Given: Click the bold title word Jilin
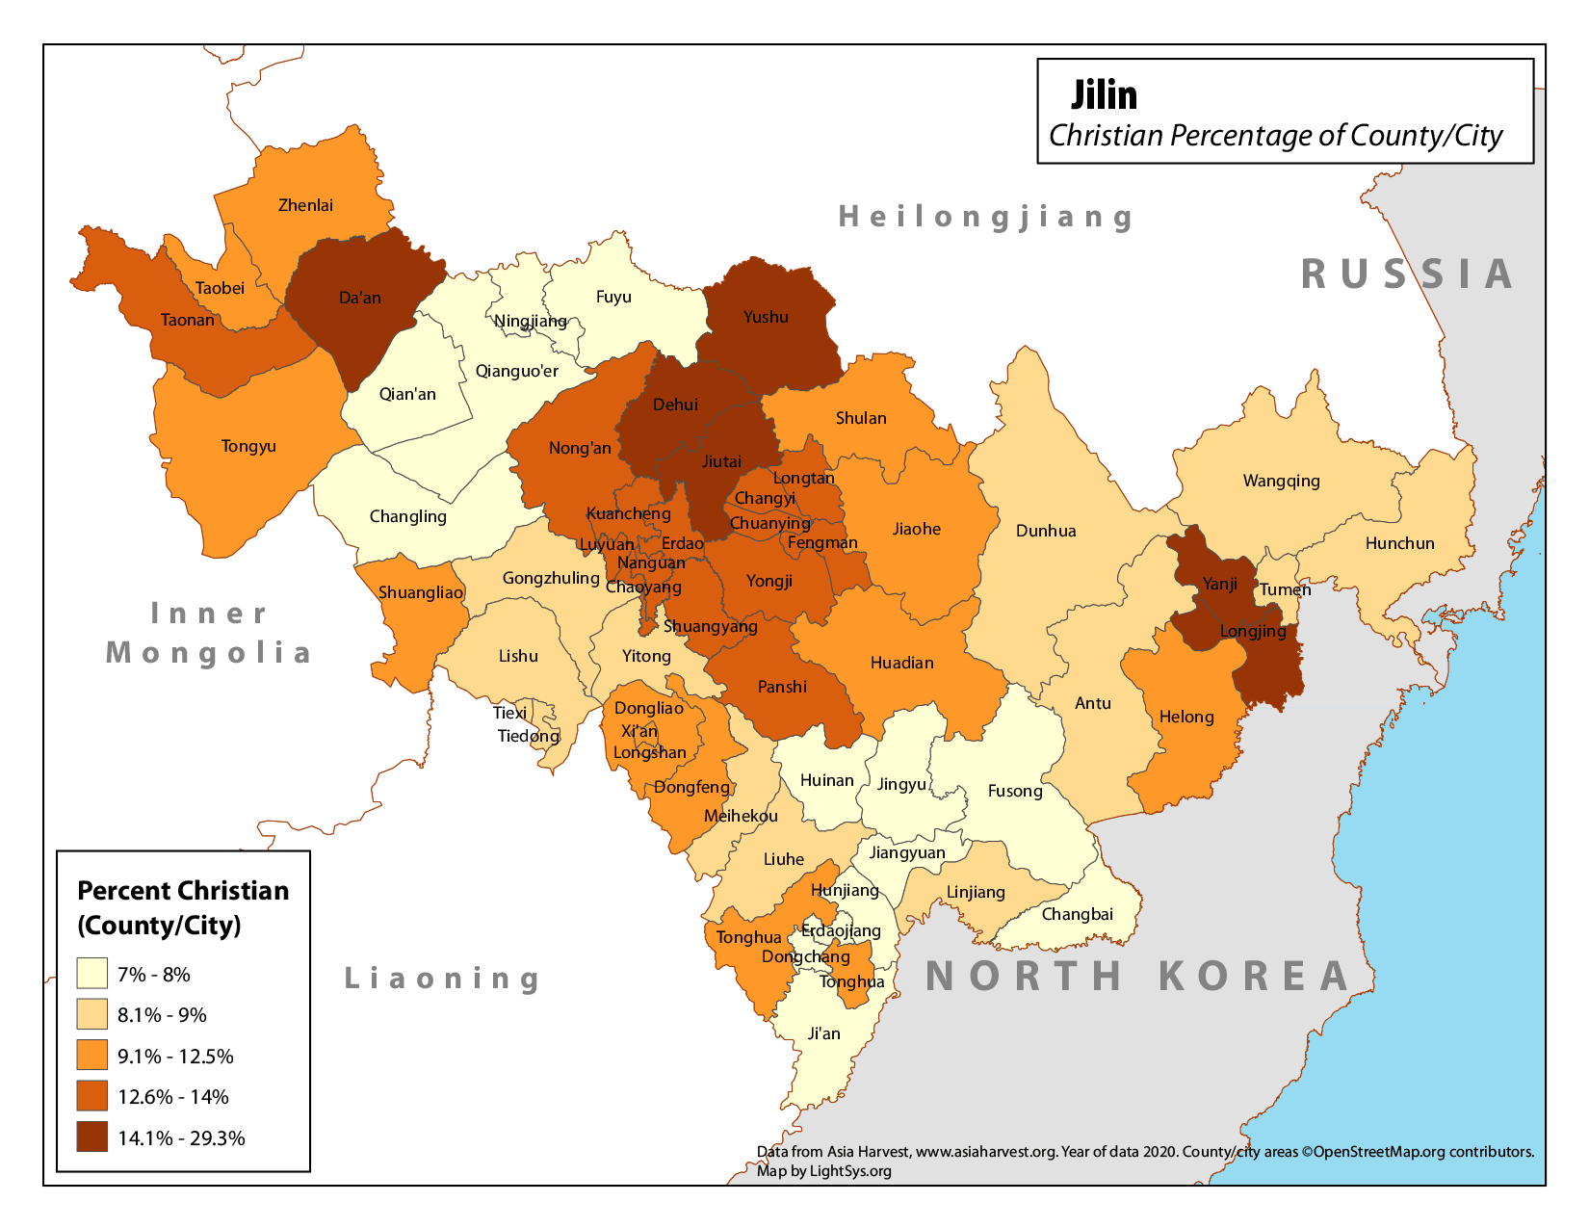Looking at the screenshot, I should (x=1104, y=95).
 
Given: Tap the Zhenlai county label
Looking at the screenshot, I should (x=305, y=205).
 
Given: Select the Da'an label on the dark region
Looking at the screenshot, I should (x=360, y=298).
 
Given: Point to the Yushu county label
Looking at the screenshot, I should (x=766, y=317).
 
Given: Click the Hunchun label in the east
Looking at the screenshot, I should (x=1399, y=543).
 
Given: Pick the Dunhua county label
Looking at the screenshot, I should (x=1046, y=531).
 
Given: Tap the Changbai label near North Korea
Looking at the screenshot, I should (x=1077, y=914).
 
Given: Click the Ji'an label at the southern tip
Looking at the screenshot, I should (x=823, y=1033).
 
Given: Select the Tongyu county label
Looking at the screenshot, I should (x=248, y=446).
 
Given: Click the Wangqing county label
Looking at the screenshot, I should (x=1281, y=481).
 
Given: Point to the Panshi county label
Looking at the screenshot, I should (x=782, y=687).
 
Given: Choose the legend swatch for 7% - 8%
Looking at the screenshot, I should (x=92, y=974).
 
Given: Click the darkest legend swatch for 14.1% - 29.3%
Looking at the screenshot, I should (x=92, y=1137).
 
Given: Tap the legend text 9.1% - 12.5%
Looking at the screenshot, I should (x=175, y=1057).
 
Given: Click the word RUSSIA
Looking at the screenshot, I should (x=1407, y=274).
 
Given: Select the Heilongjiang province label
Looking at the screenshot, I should (x=985, y=217).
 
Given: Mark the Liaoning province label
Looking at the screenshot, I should (x=443, y=979).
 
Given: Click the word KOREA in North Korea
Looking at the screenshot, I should (x=1254, y=976).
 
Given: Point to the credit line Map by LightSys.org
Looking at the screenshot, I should (x=823, y=1171).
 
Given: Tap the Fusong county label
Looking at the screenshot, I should (x=1015, y=791).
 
